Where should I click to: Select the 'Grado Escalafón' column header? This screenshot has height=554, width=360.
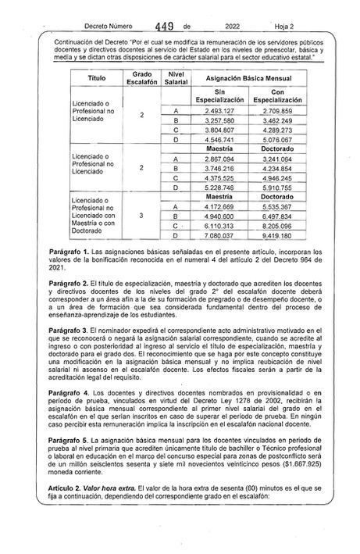(141, 78)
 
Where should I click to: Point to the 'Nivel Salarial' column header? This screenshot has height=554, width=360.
(180, 78)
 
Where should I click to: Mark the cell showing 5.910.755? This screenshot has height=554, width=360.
(277, 187)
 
